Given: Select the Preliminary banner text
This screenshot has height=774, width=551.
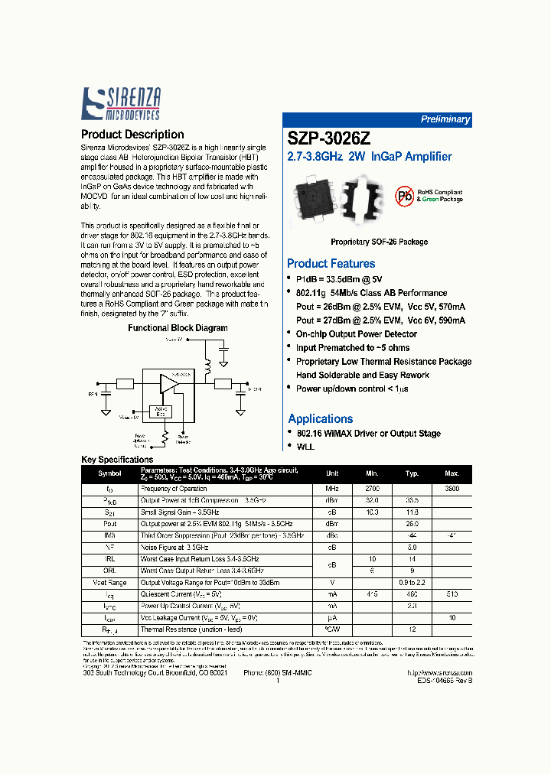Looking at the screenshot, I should tap(445, 119).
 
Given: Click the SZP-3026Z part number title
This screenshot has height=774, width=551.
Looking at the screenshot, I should tap(329, 139).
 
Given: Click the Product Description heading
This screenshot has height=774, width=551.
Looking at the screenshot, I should tap(132, 135).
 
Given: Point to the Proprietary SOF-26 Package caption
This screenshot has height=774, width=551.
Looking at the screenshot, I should tap(379, 242).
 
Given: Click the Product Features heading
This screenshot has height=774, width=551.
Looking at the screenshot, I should tap(331, 263).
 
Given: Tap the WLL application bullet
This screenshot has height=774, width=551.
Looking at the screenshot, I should tap(305, 446).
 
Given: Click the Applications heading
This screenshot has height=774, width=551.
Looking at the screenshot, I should tap(320, 418).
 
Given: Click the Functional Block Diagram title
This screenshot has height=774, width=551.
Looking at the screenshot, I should tap(178, 328).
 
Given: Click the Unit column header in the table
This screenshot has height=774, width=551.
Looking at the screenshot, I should tap(332, 473).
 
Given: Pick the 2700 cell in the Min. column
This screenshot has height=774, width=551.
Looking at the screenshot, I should tap(371, 488).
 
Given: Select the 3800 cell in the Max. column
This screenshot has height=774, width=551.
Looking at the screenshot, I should tap(452, 488).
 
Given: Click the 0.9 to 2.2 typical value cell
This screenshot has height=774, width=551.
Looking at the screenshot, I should tap(412, 582).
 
